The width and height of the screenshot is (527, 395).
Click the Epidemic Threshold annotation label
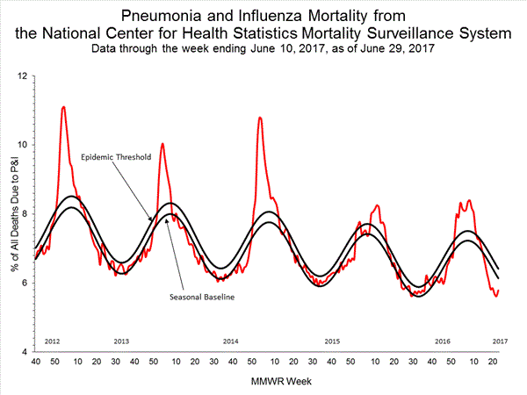(116, 157)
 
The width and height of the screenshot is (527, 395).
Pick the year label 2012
(51, 340)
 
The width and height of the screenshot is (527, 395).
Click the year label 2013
(123, 340)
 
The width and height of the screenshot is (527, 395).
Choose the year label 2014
(231, 340)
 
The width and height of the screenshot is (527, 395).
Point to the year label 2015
(331, 340)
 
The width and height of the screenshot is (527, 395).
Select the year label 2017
(498, 340)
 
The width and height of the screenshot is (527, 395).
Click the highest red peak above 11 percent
(63, 107)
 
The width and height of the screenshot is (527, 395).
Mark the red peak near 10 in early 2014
(162, 143)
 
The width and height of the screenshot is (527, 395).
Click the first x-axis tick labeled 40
(36, 362)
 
